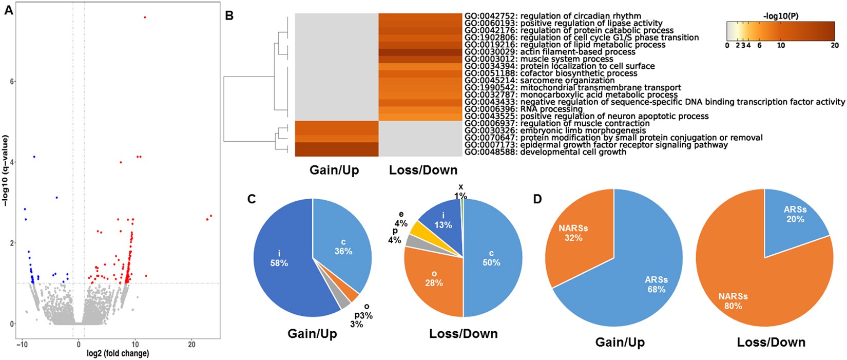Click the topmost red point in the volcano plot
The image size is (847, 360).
click(145, 17)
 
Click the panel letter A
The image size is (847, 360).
click(8, 10)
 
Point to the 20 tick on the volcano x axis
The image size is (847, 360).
click(191, 344)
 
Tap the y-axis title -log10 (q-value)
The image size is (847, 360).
click(6, 171)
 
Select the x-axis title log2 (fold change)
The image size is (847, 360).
click(118, 353)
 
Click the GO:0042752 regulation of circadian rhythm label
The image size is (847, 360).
click(552, 16)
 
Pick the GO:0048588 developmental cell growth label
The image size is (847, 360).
click(545, 152)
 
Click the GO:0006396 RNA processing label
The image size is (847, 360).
click(524, 109)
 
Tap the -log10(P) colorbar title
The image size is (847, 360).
click(780, 16)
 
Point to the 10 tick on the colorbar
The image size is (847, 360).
click(781, 45)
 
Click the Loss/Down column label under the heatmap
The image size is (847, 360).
click(423, 170)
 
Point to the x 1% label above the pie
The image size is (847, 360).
click(460, 192)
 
